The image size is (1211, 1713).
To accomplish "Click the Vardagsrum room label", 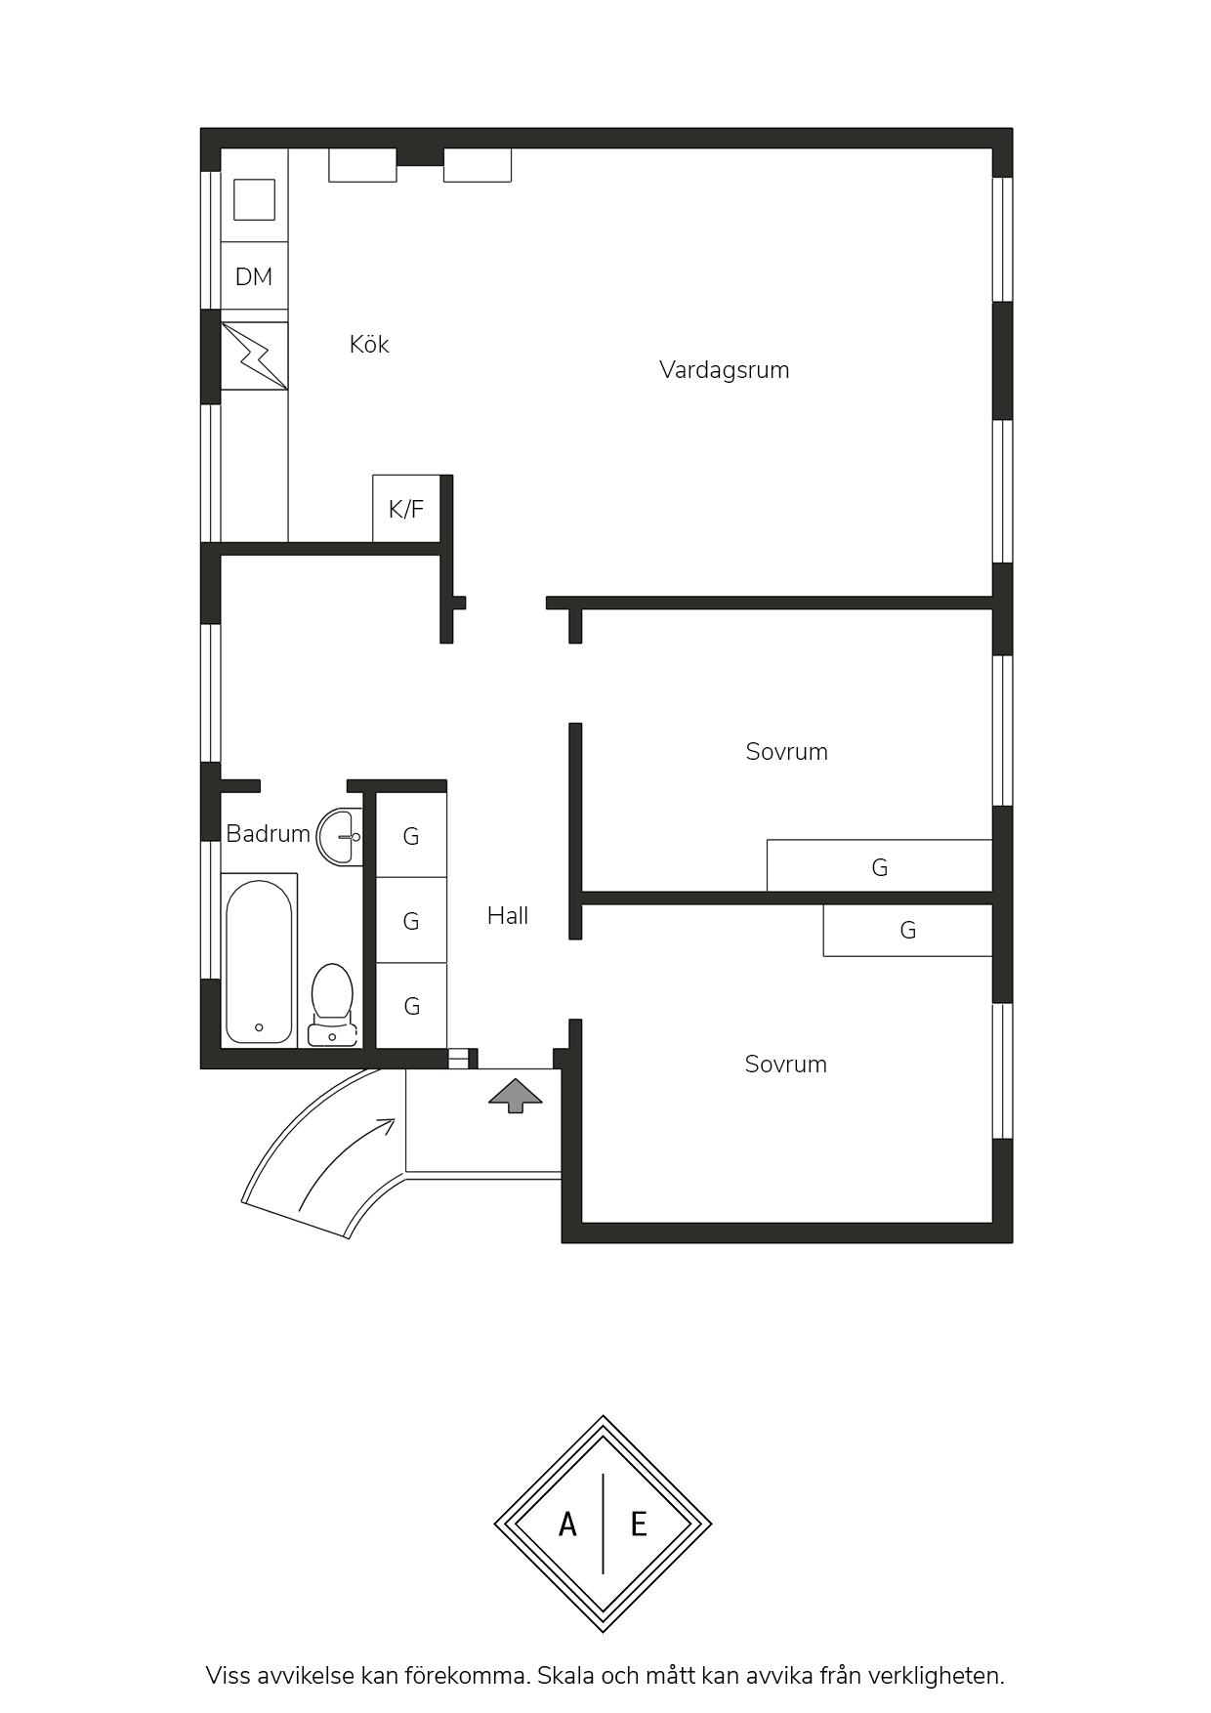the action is [x=724, y=370].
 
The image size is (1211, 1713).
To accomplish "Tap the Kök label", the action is [x=369, y=344].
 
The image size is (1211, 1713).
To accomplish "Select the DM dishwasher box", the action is [x=254, y=276].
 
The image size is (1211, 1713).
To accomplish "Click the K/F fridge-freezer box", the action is [x=406, y=509].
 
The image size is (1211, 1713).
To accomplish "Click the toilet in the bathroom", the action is [x=332, y=1004].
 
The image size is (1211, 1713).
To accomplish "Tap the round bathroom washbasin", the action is [x=339, y=837].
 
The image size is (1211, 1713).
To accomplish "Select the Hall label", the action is [x=508, y=916].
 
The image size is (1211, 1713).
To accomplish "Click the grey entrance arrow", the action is [x=515, y=1096].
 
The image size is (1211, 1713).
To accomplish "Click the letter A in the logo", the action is [x=567, y=1524].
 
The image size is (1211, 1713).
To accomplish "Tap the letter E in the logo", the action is [x=639, y=1524].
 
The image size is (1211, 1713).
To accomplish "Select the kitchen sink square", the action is [x=254, y=199].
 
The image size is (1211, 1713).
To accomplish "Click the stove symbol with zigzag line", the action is [x=255, y=356].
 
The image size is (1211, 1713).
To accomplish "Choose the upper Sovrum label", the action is [x=786, y=752].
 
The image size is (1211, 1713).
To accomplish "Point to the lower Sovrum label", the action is [x=785, y=1065].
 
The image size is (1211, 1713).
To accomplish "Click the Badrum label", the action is [x=268, y=834].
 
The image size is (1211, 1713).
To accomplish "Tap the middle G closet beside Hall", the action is [x=411, y=921].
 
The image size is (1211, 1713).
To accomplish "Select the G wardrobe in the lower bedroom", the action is [x=907, y=930].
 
